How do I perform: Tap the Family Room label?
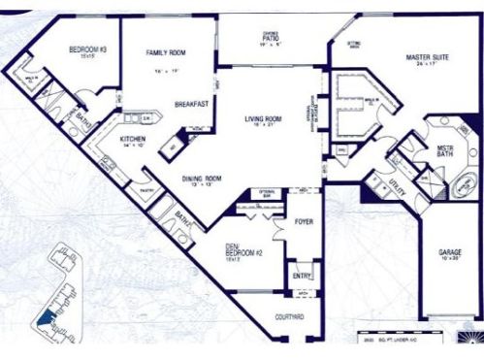pos(166,52)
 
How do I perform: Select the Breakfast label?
pos(191,104)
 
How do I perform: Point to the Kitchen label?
pos(133,139)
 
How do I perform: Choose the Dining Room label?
pos(203,179)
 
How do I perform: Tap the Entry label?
pos(303,277)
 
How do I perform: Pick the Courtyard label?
pos(291,317)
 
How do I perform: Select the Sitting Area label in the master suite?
pos(354,44)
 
